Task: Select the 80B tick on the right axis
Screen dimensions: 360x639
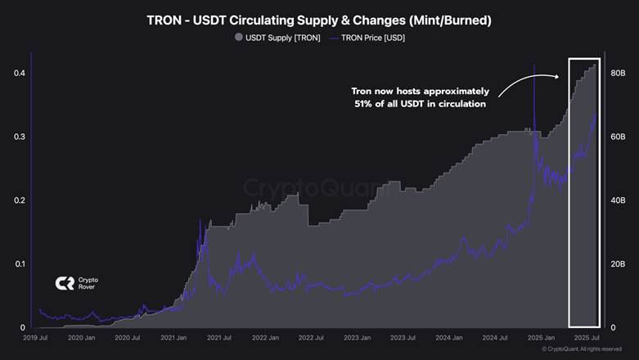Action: [x=618, y=74]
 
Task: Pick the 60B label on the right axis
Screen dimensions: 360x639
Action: [x=618, y=137]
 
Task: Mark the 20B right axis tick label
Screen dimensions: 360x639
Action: [x=618, y=263]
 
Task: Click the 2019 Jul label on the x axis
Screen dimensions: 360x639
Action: [x=35, y=337]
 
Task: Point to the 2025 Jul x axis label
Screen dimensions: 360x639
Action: [x=588, y=337]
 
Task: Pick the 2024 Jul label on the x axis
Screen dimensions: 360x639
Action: [x=496, y=337]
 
